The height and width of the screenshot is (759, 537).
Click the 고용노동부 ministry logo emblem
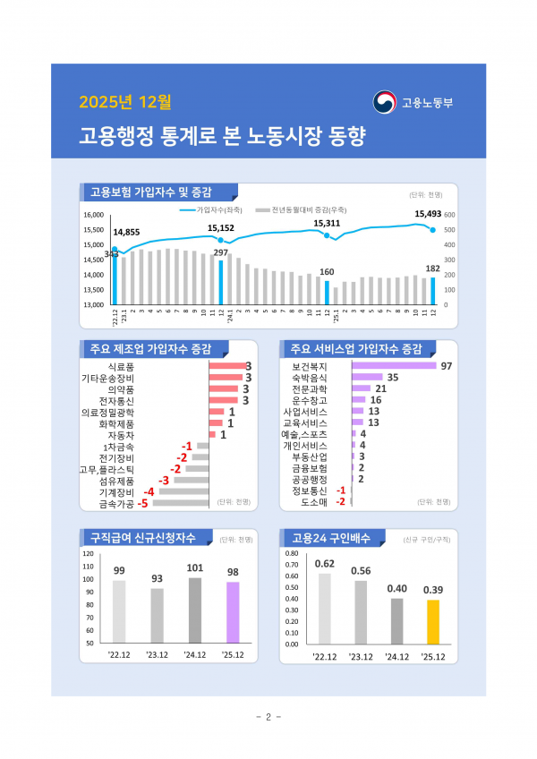tap(385, 102)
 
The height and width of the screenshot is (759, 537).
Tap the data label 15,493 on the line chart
tap(429, 214)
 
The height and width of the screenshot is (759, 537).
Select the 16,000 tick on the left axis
tap(94, 215)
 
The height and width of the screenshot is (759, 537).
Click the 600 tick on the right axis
tap(449, 215)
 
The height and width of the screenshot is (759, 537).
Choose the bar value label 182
tap(432, 268)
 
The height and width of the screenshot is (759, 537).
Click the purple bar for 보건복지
tap(394, 366)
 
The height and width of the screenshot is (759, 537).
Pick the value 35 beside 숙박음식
tap(392, 378)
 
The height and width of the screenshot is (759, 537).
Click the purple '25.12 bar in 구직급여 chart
tap(233, 612)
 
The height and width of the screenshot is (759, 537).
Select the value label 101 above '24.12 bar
tap(195, 567)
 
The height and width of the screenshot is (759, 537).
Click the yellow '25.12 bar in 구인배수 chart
tap(432, 621)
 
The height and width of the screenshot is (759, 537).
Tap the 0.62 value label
tap(325, 563)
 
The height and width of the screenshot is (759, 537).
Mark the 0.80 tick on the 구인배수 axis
tap(292, 553)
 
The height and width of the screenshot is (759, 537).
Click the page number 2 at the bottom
tap(268, 717)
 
